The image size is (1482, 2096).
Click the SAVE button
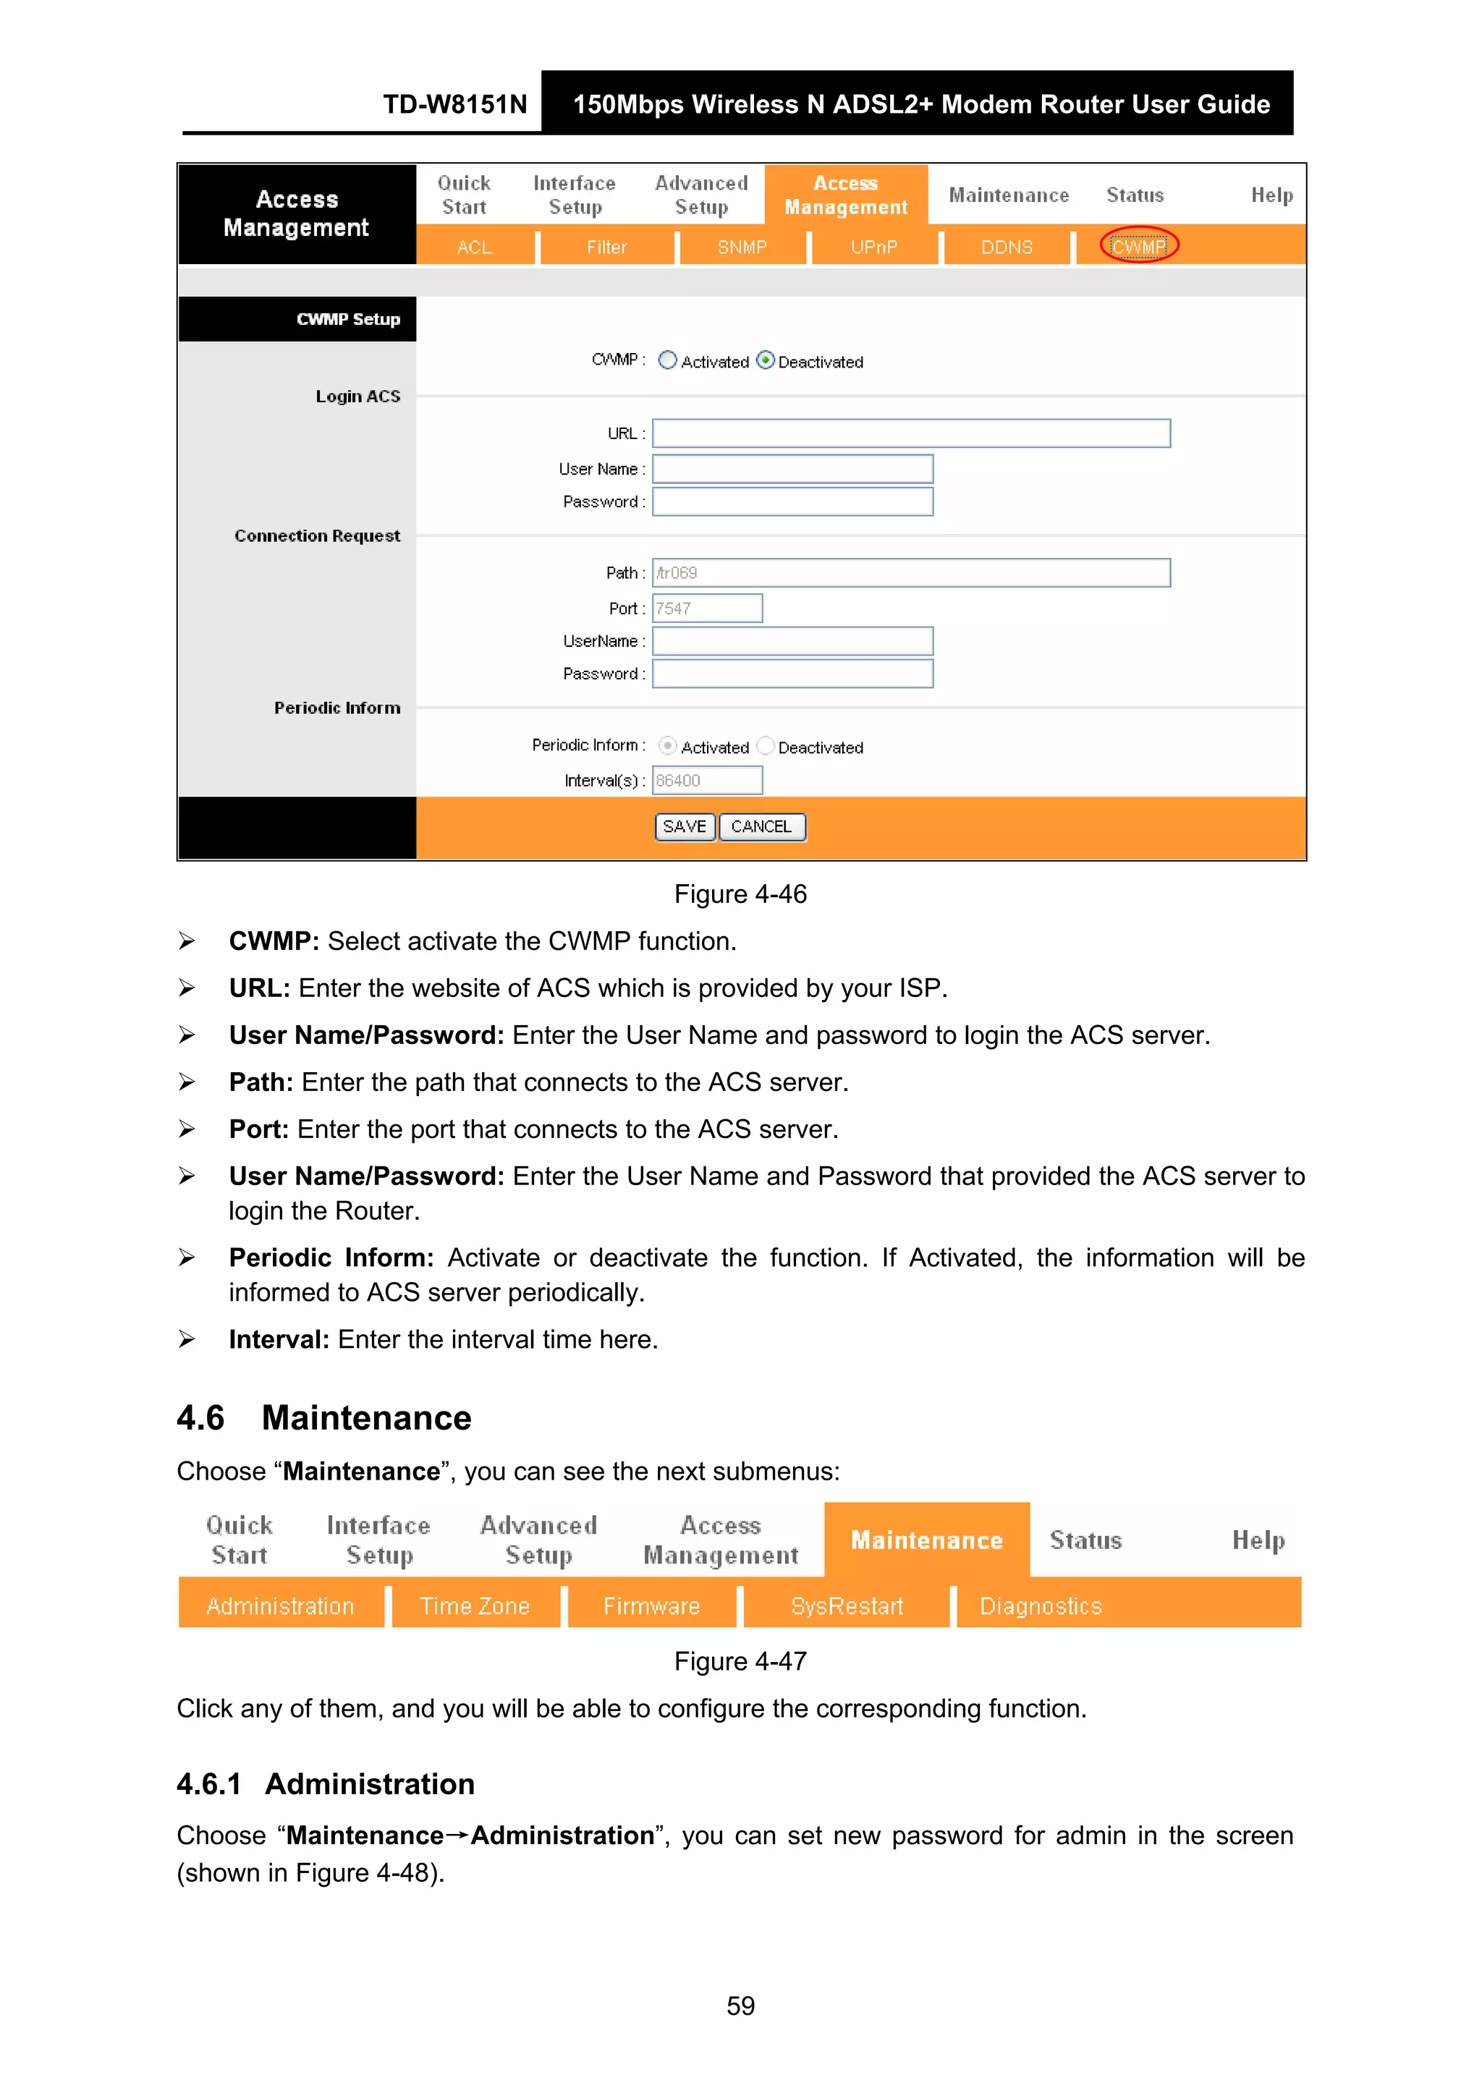[684, 826]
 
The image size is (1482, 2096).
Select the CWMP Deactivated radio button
[765, 360]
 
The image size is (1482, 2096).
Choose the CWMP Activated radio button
[667, 360]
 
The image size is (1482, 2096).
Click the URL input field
[910, 433]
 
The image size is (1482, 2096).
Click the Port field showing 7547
[707, 608]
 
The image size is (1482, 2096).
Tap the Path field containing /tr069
[910, 572]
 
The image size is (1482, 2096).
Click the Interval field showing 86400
[707, 781]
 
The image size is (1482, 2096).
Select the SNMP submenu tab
[742, 247]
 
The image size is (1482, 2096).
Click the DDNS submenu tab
[1007, 247]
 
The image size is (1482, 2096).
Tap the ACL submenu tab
[474, 247]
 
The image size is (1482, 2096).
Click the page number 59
[740, 2006]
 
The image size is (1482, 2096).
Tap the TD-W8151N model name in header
[454, 104]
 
